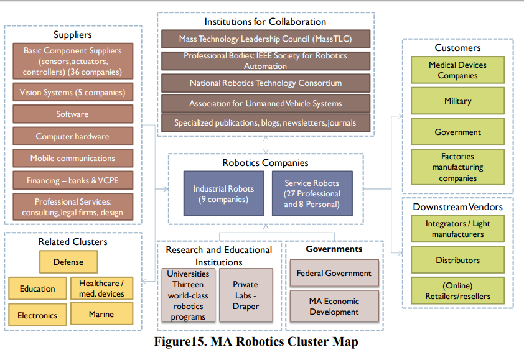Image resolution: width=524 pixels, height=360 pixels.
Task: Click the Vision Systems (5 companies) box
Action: coord(73,92)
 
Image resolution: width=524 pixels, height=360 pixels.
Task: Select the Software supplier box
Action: coord(73,114)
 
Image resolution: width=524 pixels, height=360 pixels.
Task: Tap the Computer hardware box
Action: coord(73,136)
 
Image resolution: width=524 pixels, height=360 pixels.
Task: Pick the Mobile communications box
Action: coord(73,158)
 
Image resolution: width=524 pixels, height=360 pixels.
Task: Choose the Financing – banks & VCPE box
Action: coord(73,180)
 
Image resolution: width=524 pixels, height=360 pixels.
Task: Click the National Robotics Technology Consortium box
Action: coord(266,83)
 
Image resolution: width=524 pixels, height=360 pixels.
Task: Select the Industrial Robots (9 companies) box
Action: coord(223,194)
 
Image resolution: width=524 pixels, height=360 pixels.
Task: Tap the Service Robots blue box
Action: coord(312,194)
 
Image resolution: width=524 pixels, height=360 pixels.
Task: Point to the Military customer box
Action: coord(457,101)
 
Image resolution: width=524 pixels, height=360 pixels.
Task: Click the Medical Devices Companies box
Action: coord(457,70)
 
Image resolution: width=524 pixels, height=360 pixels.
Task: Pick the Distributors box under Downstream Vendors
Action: coord(457,260)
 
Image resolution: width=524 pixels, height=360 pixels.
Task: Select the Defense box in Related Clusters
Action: coord(68,262)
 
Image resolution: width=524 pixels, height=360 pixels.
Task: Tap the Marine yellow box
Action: coord(101,314)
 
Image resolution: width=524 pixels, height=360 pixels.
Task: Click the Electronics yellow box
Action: coord(37,315)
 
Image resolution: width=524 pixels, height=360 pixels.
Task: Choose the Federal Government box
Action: coord(334,273)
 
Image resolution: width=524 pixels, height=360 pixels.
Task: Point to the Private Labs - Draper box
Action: coord(246,295)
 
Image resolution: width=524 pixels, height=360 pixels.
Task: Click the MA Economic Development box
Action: coord(334,307)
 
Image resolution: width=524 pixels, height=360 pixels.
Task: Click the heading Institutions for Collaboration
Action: coord(265,22)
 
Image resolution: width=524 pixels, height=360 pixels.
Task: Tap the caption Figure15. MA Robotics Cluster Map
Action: coord(256,341)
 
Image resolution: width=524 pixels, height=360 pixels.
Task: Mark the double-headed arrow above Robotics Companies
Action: coord(266,145)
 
